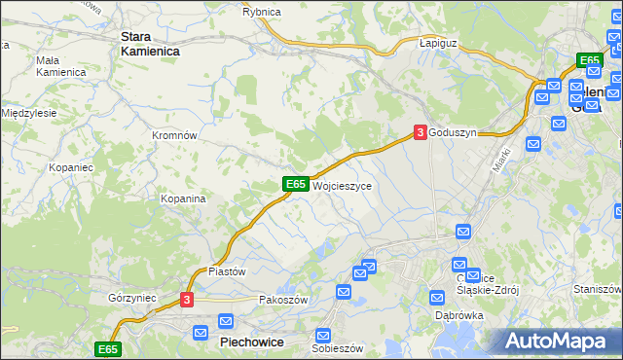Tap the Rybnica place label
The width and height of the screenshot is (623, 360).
[x=261, y=12]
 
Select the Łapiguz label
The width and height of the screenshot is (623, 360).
[x=438, y=44]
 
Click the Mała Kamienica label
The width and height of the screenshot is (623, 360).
[x=60, y=66]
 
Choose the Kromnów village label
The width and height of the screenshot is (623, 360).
[x=175, y=136]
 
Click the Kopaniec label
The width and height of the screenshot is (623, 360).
[x=70, y=167]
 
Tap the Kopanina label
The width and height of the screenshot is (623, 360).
[x=183, y=198]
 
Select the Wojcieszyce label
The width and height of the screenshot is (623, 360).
[x=341, y=185]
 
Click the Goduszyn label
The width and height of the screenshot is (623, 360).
[x=453, y=133]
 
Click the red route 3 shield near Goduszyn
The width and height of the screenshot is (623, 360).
[x=420, y=132]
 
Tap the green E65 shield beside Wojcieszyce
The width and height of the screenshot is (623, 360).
[x=297, y=184]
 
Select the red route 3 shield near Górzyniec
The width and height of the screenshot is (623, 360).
[x=188, y=301]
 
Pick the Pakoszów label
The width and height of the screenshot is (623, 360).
[x=283, y=301]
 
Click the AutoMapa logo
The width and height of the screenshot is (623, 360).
[x=557, y=341]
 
